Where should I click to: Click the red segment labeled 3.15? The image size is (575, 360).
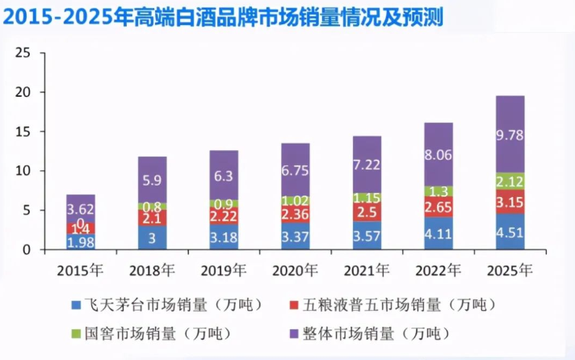tap(510, 201)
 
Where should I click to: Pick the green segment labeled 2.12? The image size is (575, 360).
tap(510, 181)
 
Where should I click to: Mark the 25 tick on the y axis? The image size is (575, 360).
tap(23, 53)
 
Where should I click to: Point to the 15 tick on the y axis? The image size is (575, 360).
tap(23, 132)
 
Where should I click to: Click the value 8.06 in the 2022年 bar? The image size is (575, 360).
tap(439, 155)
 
